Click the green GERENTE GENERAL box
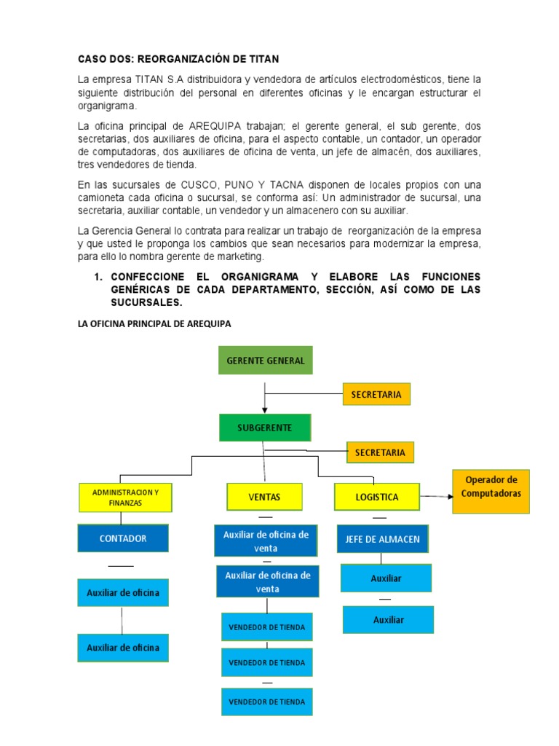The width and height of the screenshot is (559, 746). tap(265, 361)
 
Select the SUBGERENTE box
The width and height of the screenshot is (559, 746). tap(264, 428)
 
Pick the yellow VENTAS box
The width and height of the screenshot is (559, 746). tap(264, 497)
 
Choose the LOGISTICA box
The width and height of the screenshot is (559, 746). tap(376, 497)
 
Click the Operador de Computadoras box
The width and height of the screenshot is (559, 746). tap(491, 492)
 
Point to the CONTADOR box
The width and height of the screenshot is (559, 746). tap(123, 538)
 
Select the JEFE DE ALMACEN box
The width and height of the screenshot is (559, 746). tap(382, 539)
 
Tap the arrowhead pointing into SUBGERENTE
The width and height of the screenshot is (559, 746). tap(264, 411)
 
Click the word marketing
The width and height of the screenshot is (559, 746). tap(238, 257)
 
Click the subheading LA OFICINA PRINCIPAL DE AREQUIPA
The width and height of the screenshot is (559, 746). tap(154, 324)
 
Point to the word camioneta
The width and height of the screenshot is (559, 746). tap(103, 197)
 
